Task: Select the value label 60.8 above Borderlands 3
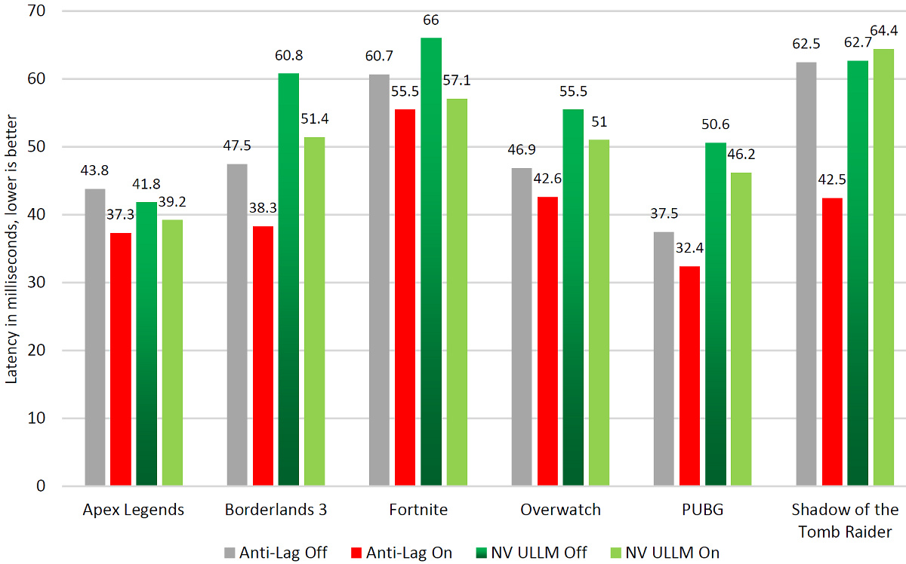tap(288, 54)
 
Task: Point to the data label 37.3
tap(120, 214)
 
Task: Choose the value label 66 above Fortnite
tap(431, 20)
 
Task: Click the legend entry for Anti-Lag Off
tap(275, 552)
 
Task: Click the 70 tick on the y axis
tap(35, 11)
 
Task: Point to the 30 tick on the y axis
tap(35, 283)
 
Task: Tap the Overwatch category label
tap(560, 510)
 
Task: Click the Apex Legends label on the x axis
tap(133, 510)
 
